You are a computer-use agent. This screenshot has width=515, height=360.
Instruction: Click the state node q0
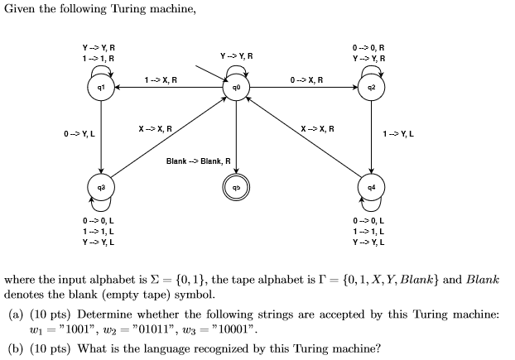pos(236,88)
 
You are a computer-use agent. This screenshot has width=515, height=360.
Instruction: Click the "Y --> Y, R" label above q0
pos(236,55)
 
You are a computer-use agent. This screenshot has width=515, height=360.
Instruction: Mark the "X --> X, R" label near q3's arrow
pos(155,128)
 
